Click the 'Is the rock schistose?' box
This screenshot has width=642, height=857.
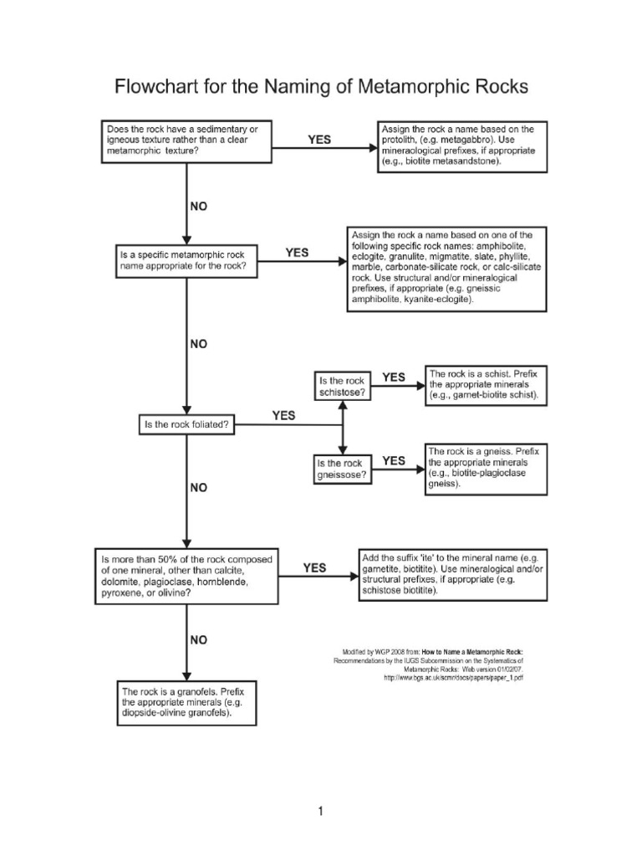(x=342, y=386)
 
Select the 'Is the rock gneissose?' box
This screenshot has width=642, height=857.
(x=342, y=469)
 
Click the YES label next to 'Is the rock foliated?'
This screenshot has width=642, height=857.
(x=283, y=415)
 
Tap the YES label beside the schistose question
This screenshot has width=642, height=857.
(x=394, y=377)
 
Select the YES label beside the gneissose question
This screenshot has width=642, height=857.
(x=394, y=460)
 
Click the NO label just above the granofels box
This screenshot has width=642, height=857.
(x=199, y=640)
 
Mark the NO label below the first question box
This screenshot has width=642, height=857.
(x=199, y=206)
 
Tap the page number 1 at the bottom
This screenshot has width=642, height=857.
(x=320, y=811)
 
